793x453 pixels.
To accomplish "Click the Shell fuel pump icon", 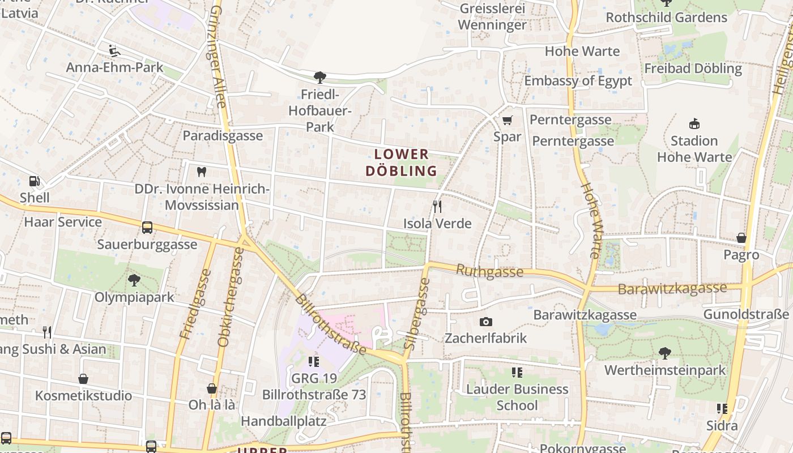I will click(x=35, y=181).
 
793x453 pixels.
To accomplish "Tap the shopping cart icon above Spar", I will click(x=507, y=120).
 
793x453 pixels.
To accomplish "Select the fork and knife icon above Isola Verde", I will click(x=437, y=207).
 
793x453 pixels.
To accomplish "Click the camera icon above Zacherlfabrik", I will click(x=485, y=322).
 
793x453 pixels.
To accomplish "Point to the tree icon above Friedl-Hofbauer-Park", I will click(x=320, y=77).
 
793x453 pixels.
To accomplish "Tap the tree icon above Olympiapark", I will click(x=134, y=280).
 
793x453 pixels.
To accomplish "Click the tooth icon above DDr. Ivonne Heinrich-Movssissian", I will click(x=201, y=172).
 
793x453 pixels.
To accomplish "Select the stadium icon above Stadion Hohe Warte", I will click(x=694, y=123).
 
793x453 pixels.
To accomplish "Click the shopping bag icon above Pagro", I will click(x=741, y=238).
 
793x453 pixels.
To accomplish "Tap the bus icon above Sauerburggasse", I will click(x=147, y=228).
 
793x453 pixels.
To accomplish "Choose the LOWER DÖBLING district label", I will click(x=401, y=163).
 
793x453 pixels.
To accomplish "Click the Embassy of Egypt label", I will click(x=578, y=81).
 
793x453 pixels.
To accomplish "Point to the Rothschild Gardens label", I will click(x=666, y=18).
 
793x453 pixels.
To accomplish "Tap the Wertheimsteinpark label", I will click(x=665, y=370).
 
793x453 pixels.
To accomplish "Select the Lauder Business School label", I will click(x=517, y=397).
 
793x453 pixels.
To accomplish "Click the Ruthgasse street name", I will click(x=489, y=271).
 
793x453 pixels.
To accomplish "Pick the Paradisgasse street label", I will click(x=223, y=136).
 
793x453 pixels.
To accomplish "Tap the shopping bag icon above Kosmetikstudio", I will click(x=83, y=379).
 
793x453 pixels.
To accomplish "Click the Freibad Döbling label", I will click(x=693, y=69).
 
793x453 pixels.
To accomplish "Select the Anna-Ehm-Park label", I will click(x=114, y=67).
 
